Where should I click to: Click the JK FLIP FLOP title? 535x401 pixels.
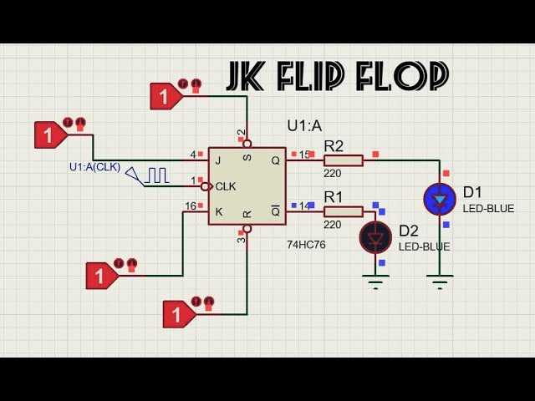point(338,76)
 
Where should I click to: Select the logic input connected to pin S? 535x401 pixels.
point(166,96)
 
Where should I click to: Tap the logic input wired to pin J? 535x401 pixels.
point(50,135)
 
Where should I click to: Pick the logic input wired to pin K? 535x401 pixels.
point(102,275)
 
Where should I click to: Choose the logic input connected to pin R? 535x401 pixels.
point(178,314)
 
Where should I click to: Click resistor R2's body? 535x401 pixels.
point(343,160)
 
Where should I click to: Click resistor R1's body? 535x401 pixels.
point(343,211)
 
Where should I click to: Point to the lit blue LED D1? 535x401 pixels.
point(439,199)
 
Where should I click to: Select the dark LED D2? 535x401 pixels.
point(375,237)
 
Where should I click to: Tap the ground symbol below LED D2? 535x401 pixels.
point(375,282)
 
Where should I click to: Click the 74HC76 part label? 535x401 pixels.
point(306,245)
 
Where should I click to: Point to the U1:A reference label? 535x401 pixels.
point(304,126)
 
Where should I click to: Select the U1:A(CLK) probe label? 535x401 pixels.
point(94,167)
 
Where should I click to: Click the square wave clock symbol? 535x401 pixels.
point(156,175)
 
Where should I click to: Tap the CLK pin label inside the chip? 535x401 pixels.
point(225,186)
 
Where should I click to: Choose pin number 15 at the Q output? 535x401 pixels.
point(304,154)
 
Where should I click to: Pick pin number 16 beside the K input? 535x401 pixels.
point(191,206)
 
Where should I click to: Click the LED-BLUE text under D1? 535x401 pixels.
point(488,208)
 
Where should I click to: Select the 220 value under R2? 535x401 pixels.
point(333,174)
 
